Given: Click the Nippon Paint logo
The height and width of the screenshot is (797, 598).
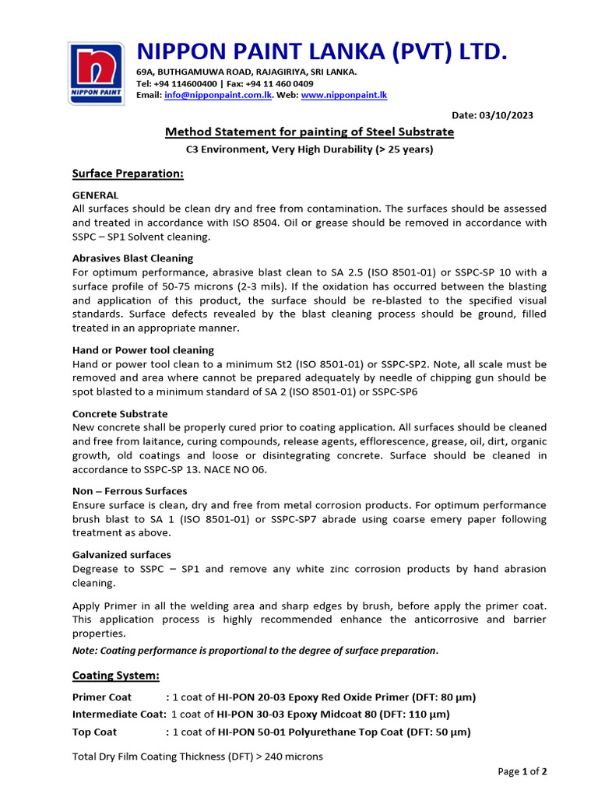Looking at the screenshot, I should click(96, 74).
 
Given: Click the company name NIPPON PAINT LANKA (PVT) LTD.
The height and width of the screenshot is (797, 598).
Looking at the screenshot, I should click(322, 51).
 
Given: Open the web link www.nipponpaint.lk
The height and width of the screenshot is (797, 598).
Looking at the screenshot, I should click(343, 95).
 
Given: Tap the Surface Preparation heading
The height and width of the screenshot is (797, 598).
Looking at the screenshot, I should click(128, 174).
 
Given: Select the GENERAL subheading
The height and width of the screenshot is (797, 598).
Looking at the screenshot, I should click(95, 195).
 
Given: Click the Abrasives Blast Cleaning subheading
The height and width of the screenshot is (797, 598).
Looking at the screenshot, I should click(132, 258).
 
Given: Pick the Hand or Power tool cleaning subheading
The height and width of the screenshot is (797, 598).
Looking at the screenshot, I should click(142, 350).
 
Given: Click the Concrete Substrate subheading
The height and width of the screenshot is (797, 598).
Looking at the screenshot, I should click(120, 414).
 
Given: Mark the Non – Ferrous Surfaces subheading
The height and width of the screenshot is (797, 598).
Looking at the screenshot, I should click(129, 491).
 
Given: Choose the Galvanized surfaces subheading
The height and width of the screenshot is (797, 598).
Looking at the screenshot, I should click(121, 555).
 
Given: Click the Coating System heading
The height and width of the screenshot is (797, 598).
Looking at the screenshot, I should click(116, 675).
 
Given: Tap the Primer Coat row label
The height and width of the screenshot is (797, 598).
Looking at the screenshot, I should click(102, 697).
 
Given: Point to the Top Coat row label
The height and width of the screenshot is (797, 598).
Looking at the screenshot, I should click(95, 732).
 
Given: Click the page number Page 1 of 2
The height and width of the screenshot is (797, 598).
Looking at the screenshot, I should click(522, 771).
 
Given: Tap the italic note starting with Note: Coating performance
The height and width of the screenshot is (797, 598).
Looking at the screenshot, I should click(255, 651).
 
